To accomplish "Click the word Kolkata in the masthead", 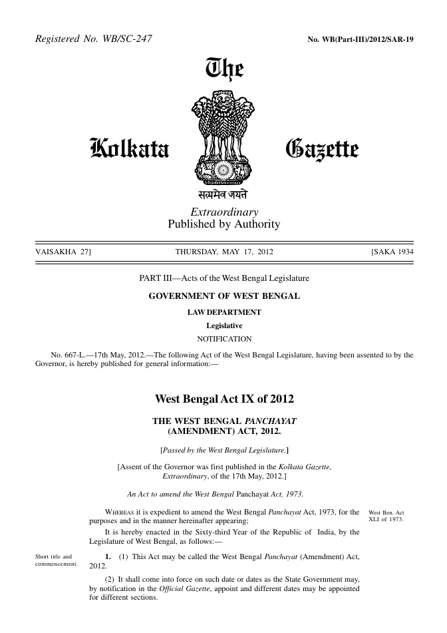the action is point(130,147).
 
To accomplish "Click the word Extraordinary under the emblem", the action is point(224,212).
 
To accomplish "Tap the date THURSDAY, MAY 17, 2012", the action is point(223,252).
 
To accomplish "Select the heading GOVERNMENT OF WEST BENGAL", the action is point(223,295).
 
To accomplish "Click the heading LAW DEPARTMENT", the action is point(223,312).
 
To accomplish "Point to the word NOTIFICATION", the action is point(223,339).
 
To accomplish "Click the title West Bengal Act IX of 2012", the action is point(223,400).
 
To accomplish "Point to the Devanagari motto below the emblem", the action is point(223,196).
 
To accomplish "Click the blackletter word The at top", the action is point(225,69).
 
